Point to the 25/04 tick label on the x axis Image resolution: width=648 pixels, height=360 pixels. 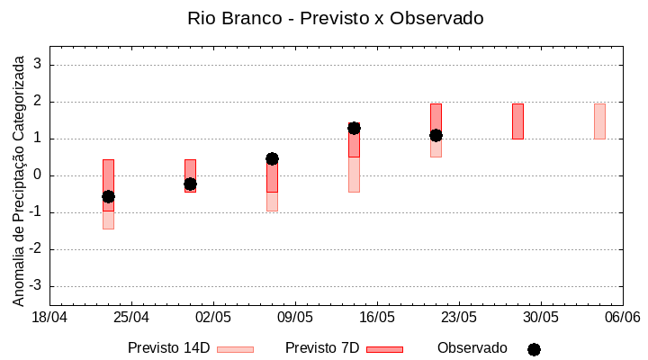pos(131,318)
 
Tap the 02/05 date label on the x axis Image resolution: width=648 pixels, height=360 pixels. pos(213,318)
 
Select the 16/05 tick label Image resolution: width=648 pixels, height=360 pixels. pos(377,318)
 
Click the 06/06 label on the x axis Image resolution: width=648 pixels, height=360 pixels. pos(623,318)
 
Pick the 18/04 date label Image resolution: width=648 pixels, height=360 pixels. pos(50,318)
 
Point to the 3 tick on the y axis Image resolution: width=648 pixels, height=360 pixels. pos(38,65)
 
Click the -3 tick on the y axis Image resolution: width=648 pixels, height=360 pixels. pos(36,286)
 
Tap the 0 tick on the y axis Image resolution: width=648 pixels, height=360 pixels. pos(38,175)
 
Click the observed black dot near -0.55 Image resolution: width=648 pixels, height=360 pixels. pos(108,196)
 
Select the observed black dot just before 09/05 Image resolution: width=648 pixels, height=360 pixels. pos(272,158)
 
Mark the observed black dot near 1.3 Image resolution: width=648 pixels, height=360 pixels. pos(354,128)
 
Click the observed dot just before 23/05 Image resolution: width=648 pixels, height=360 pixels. pos(436,135)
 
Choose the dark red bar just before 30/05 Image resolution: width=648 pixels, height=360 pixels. pos(517,121)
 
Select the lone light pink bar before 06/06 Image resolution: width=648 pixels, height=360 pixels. pos(599,121)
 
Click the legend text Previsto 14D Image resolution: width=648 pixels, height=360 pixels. pos(168,348)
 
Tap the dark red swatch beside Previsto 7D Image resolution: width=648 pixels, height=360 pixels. pos(384,348)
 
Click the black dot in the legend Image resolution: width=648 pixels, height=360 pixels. pos(534,349)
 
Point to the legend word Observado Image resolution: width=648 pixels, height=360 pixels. pos(472,348)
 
